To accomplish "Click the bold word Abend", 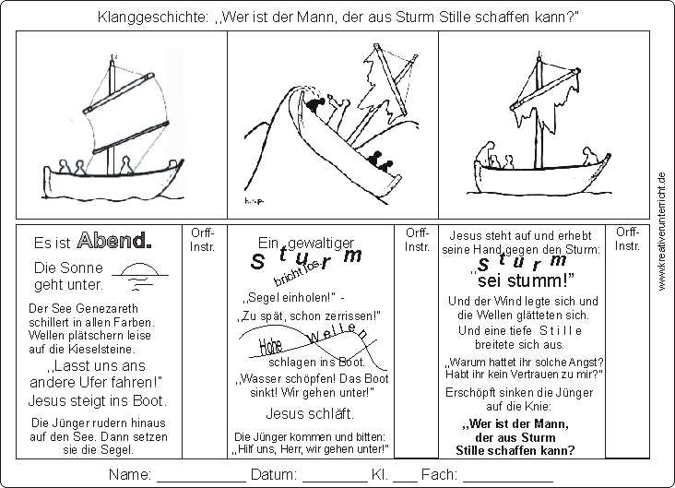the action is click(114, 241).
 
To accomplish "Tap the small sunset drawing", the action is click(140, 276).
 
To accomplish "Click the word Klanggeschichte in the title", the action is click(153, 18).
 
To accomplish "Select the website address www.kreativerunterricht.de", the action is click(662, 232).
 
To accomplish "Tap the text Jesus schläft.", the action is click(310, 413).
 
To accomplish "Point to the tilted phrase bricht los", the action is click(298, 273).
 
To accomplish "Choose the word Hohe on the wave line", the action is click(270, 346).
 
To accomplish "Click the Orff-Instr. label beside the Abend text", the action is click(202, 240).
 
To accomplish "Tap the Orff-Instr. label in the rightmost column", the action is click(627, 239).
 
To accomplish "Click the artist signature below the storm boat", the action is click(254, 201).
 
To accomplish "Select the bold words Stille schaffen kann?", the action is click(515, 450).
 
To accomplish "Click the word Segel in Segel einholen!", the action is click(264, 297).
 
